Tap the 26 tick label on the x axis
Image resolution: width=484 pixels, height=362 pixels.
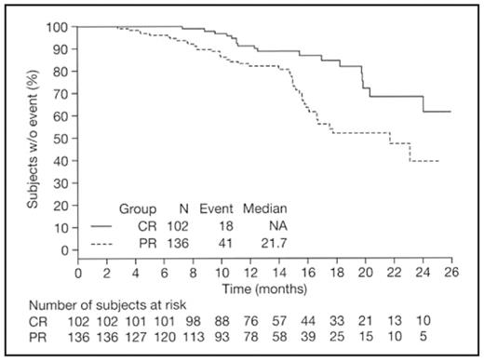pos(451,273)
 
